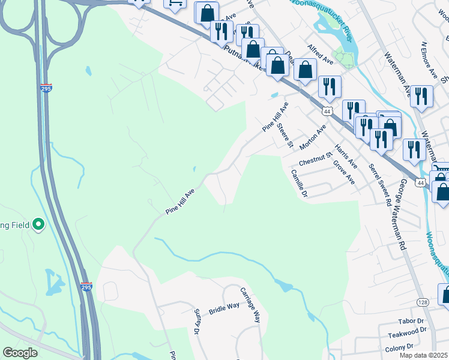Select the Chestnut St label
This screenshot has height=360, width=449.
click(315, 159)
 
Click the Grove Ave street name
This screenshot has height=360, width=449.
click(344, 172)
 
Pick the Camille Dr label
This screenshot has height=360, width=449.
click(299, 184)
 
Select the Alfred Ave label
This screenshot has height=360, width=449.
click(320, 53)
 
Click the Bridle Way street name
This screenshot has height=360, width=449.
click(224, 309)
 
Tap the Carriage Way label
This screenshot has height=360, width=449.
click(250, 305)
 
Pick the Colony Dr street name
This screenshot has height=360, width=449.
click(401, 346)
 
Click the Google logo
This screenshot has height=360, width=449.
click(20, 353)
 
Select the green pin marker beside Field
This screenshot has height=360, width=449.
click(39, 225)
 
